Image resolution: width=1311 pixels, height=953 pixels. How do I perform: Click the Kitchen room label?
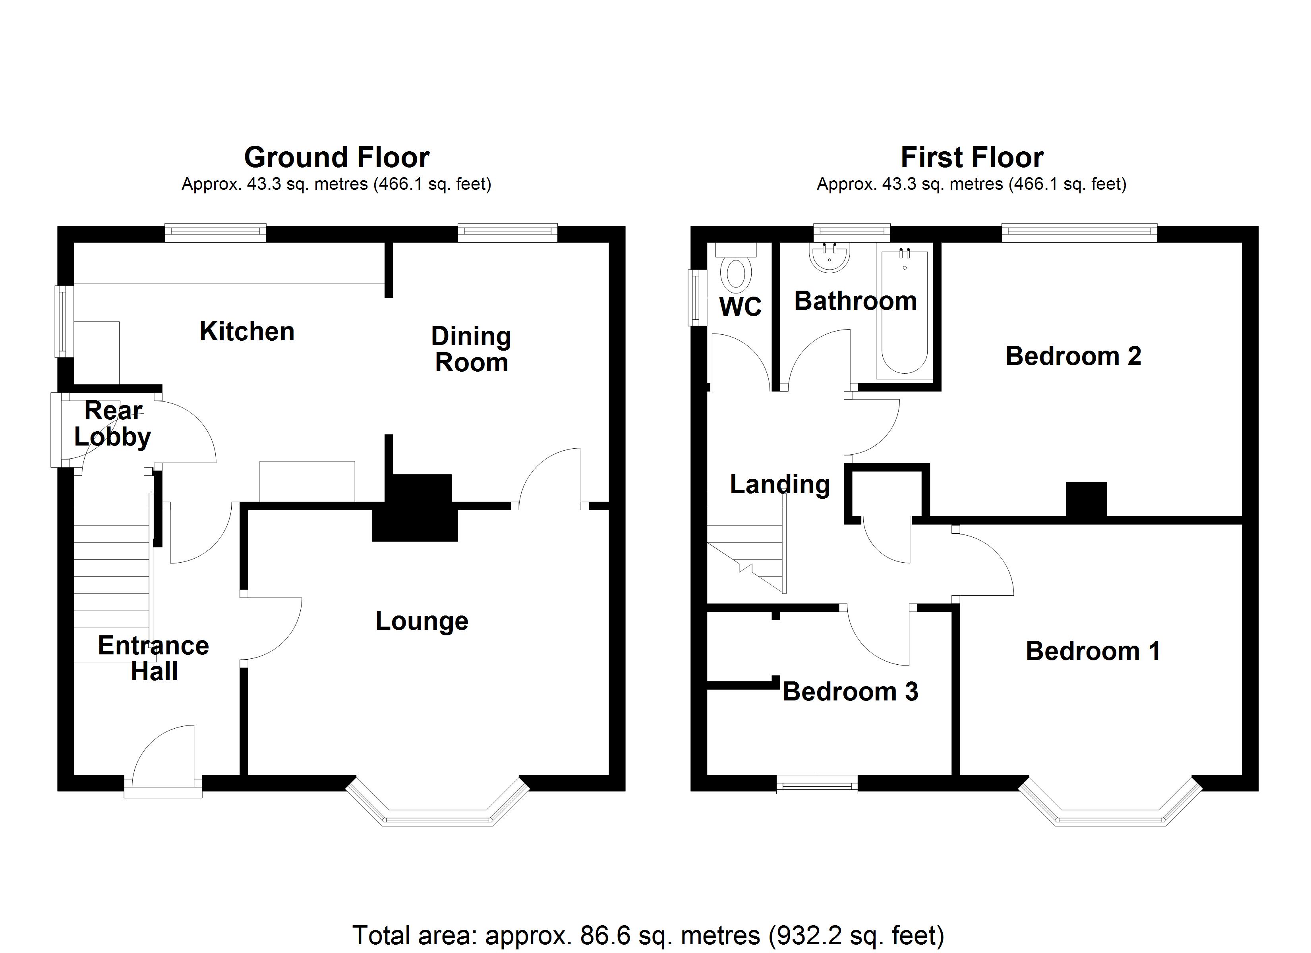pos(247,332)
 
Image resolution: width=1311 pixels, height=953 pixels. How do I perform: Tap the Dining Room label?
pos(471,350)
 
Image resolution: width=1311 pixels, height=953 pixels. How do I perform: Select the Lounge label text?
pos(422,621)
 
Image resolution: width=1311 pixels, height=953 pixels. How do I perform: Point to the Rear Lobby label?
pos(113,424)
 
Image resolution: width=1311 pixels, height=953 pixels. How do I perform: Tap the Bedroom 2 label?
pos(1073,356)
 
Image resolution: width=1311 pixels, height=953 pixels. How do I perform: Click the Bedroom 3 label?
pos(850,692)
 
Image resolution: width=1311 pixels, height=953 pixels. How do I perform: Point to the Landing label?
pos(780,484)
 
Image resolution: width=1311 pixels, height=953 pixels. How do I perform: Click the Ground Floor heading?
pos(336,157)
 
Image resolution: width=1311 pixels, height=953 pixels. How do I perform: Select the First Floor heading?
pos(972,157)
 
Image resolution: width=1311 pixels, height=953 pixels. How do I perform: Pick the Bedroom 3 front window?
pos(817,786)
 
